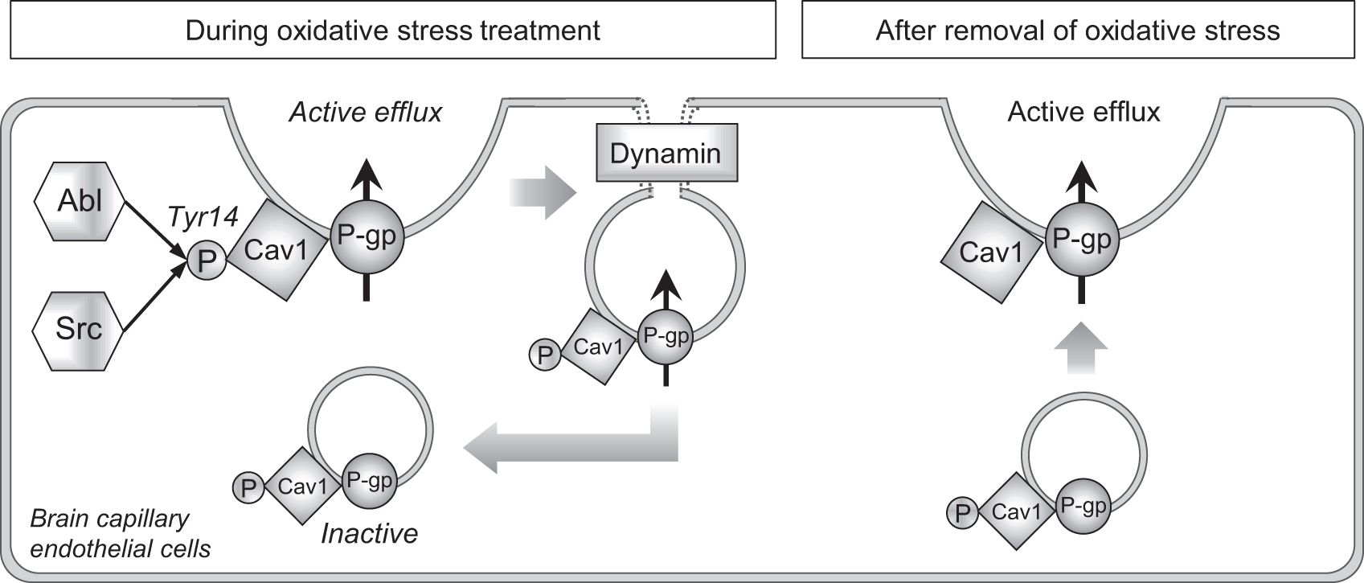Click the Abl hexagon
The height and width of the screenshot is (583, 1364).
(x=80, y=202)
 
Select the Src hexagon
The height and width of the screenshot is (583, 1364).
(x=79, y=331)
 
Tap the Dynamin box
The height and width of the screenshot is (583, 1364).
(x=667, y=153)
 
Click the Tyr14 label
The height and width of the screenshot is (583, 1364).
(x=203, y=216)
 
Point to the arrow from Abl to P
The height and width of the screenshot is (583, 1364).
(x=154, y=230)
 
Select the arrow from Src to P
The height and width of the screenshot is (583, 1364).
(x=154, y=298)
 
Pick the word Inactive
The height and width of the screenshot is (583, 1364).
(x=369, y=534)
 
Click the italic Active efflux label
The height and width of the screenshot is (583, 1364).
(x=366, y=113)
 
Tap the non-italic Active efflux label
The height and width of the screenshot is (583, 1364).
(x=1084, y=112)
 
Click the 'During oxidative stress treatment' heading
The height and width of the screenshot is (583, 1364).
(x=393, y=30)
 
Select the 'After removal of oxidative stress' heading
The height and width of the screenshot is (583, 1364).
(x=1078, y=30)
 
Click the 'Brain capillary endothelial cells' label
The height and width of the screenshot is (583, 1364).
(x=121, y=534)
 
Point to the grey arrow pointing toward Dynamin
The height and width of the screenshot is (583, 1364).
(x=543, y=193)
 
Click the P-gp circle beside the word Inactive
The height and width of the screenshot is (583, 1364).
(x=369, y=481)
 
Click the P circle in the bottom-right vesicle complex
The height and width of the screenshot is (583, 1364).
(x=962, y=513)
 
